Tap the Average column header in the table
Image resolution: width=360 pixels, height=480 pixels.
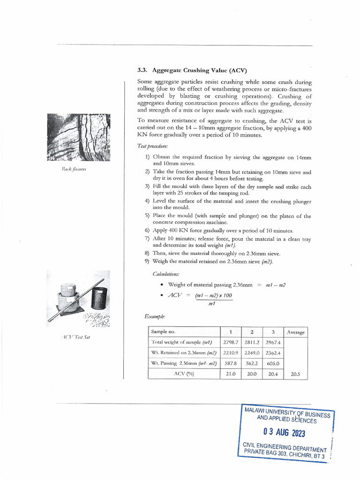(x=295, y=332)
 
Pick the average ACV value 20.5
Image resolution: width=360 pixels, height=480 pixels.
(x=296, y=374)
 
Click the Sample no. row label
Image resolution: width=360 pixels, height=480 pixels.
(x=163, y=332)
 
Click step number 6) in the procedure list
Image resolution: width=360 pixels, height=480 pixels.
(x=147, y=231)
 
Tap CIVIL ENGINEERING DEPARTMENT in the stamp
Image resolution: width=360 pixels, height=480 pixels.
(x=284, y=448)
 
